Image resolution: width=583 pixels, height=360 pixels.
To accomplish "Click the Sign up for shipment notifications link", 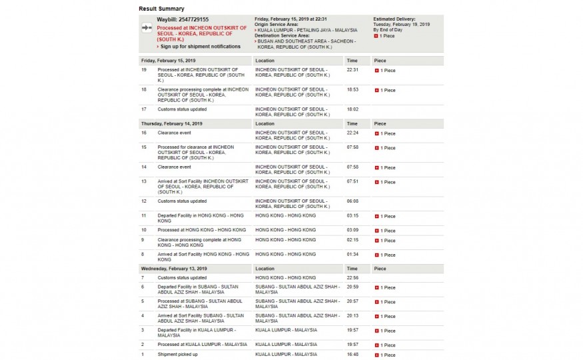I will [201, 47].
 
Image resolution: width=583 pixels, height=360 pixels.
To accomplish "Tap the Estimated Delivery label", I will [394, 19].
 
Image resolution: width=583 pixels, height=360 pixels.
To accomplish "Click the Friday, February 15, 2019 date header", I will [164, 61].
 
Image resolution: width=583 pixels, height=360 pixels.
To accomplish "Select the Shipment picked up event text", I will [177, 355].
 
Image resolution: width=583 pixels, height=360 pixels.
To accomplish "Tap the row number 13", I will [144, 181].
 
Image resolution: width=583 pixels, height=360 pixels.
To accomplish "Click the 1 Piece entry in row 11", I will [385, 217].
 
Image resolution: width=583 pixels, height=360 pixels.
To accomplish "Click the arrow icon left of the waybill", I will [147, 29].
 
